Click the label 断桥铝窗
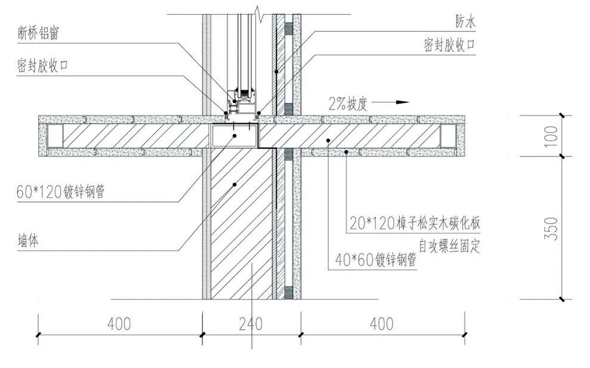click(x=38, y=33)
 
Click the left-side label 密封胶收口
click(x=42, y=66)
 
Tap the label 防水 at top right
click(x=465, y=21)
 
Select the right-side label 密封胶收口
click(x=449, y=45)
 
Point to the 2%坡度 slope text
click(x=348, y=104)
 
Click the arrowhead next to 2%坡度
click(x=403, y=102)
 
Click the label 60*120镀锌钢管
click(x=60, y=192)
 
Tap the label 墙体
click(x=28, y=241)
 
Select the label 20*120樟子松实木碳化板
click(x=415, y=223)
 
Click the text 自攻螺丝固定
click(x=450, y=247)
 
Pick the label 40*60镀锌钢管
click(x=375, y=260)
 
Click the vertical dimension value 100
click(x=551, y=136)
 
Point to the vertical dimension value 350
click(x=551, y=229)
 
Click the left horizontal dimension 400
click(x=119, y=324)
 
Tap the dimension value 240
click(x=251, y=324)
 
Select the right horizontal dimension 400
click(x=382, y=324)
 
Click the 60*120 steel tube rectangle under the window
click(x=234, y=136)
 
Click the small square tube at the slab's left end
click(x=55, y=136)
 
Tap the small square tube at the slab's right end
click(x=448, y=136)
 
